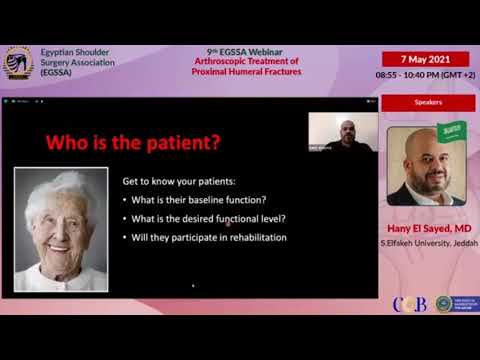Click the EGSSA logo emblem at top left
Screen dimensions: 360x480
18,65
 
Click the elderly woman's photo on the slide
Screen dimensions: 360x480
61,229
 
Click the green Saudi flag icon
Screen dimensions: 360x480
452,131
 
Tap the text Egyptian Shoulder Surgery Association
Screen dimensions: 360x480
76,62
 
